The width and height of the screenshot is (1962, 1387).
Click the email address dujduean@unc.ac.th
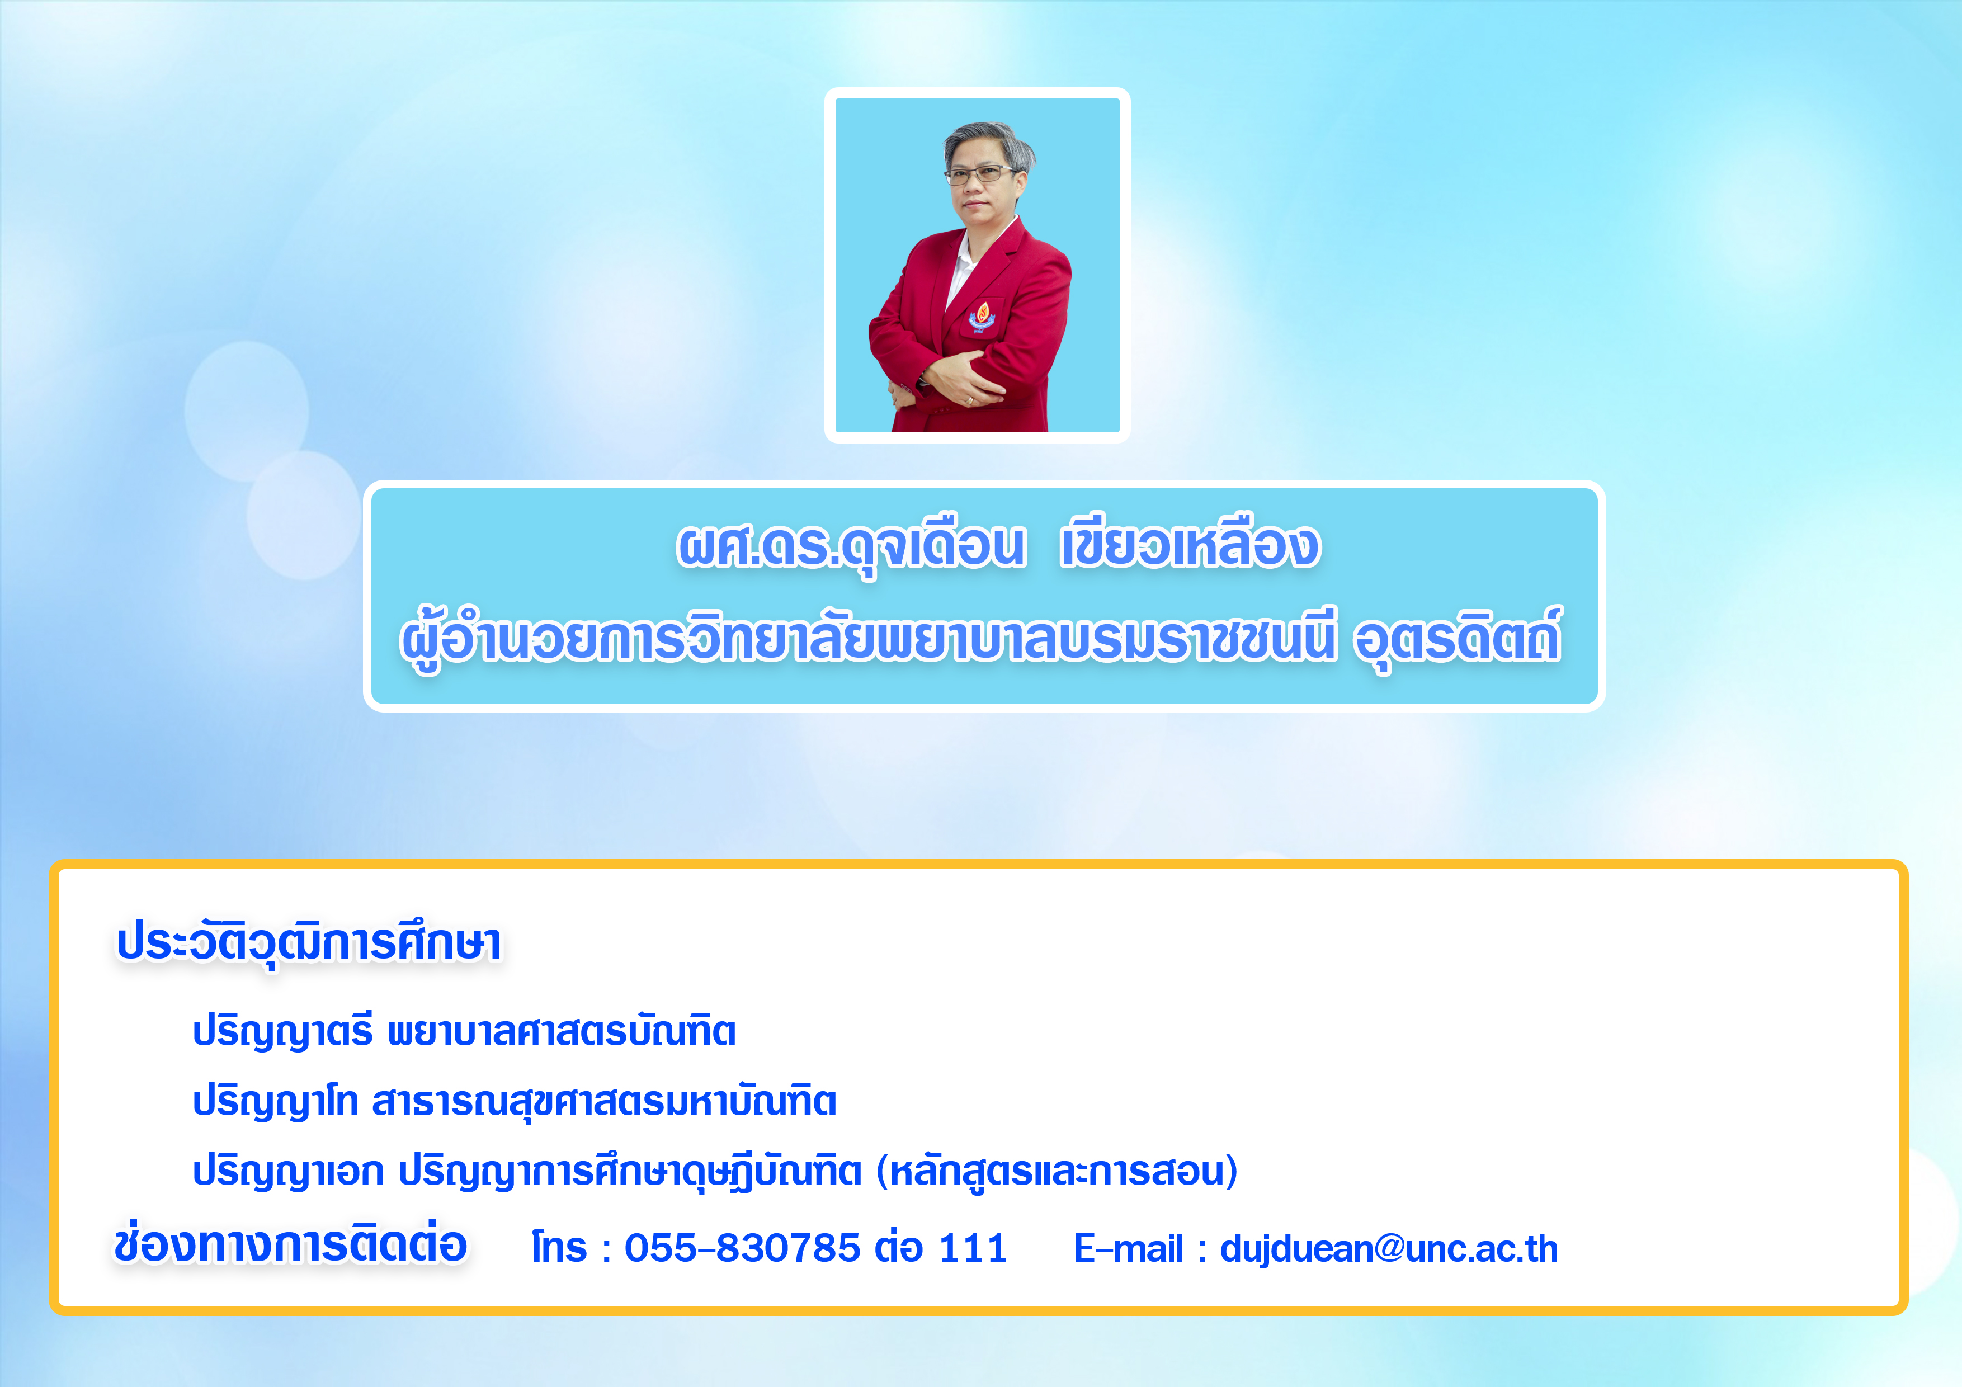(1389, 1248)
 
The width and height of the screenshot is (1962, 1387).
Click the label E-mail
(1128, 1248)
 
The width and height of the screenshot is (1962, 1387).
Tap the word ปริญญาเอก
(288, 1171)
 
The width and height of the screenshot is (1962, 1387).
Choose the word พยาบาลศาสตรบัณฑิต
(562, 1031)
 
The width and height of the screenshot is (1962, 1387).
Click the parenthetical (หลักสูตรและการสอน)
(1057, 1171)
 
